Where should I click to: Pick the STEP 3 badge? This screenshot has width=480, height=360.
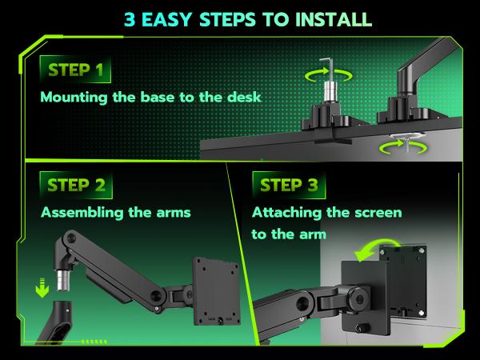pos(289,186)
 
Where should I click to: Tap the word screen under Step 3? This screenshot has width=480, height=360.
pos(375,214)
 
